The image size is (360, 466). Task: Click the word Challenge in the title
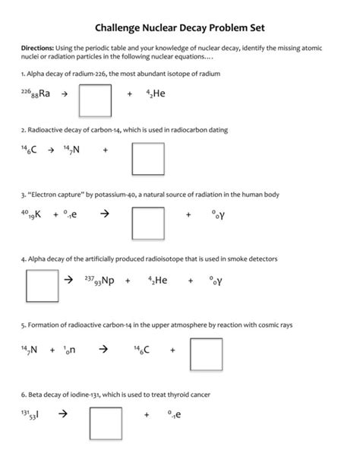[125, 28]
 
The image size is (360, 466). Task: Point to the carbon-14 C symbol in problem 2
[35, 151]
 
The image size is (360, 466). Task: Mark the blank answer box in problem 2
[149, 158]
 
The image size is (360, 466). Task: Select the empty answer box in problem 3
[149, 222]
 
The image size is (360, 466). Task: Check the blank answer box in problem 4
[42, 287]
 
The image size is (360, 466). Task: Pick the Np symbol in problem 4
[108, 281]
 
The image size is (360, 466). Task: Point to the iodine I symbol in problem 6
[37, 415]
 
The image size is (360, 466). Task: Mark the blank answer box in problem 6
[106, 423]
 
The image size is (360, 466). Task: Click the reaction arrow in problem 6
[63, 415]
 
